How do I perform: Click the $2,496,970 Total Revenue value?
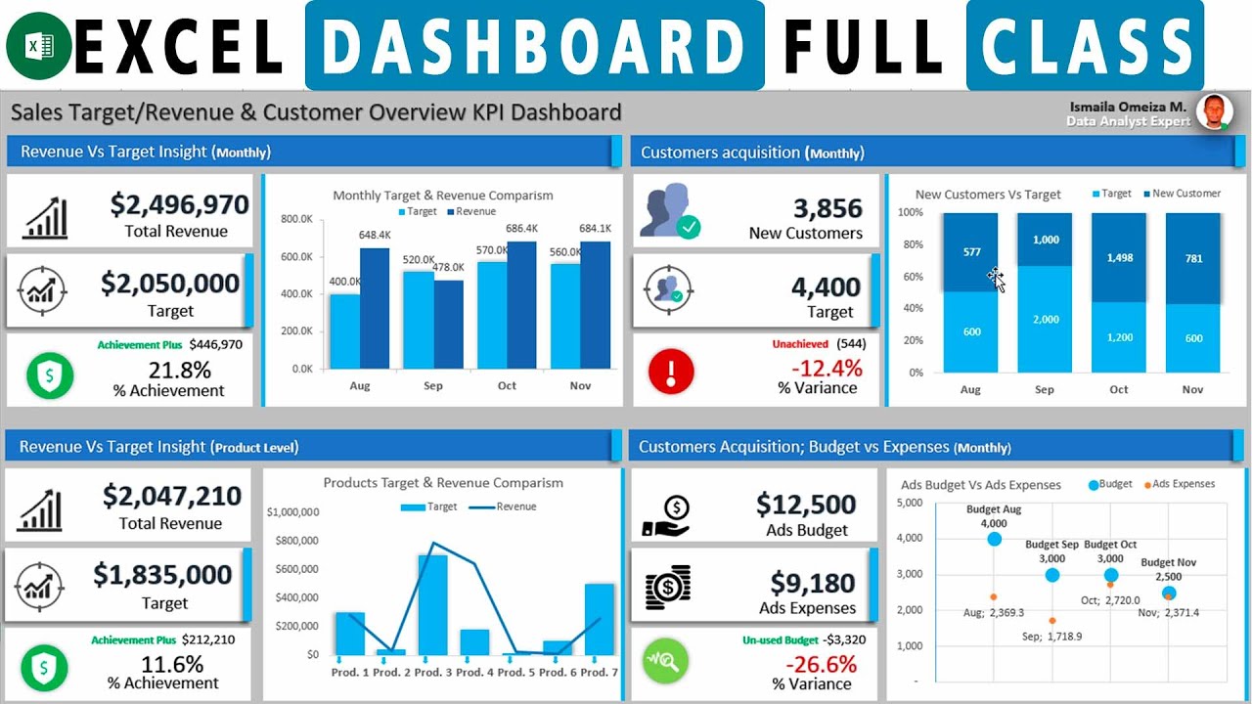pyautogui.click(x=179, y=204)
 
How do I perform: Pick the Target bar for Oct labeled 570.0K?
pyautogui.click(x=492, y=315)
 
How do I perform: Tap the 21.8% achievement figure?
pyautogui.click(x=179, y=371)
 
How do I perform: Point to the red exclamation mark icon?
pyautogui.click(x=671, y=373)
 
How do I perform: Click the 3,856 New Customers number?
pyautogui.click(x=827, y=208)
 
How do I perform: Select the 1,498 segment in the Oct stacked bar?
pyautogui.click(x=1119, y=257)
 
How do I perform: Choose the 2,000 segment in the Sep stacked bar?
pyautogui.click(x=1045, y=319)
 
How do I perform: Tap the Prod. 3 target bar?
pyautogui.click(x=432, y=604)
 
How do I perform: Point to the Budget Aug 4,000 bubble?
pyautogui.click(x=995, y=539)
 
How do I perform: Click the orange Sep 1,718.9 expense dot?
pyautogui.click(x=1052, y=621)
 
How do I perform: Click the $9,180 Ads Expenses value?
pyautogui.click(x=813, y=584)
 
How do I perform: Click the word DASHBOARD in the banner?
pyautogui.click(x=534, y=46)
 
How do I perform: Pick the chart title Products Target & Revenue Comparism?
pyautogui.click(x=443, y=483)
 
